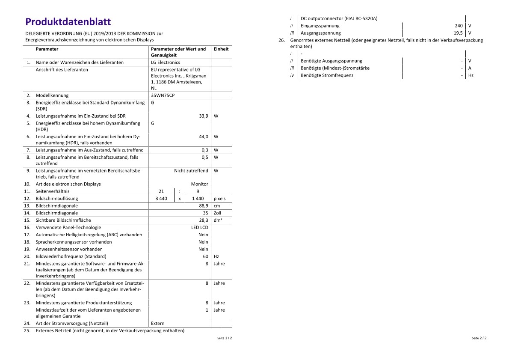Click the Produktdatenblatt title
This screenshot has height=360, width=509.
68,22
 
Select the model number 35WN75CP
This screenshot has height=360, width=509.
163,95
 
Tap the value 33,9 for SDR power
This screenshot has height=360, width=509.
204,116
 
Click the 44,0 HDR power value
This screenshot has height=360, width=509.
204,137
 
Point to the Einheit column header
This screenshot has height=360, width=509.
221,49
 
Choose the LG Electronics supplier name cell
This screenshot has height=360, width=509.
166,62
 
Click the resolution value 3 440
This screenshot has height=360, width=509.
161,199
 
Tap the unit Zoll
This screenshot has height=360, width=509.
217,213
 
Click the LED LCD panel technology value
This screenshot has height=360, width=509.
199,227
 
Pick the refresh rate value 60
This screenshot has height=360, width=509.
205,256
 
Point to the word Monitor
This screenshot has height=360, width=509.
199,184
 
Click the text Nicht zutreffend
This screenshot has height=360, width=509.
191,171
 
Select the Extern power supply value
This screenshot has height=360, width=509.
158,324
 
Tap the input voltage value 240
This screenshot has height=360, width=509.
459,26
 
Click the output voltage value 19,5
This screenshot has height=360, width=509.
458,33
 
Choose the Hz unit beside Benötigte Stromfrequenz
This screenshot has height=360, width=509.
471,75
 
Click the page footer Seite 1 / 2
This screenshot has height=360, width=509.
225,338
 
